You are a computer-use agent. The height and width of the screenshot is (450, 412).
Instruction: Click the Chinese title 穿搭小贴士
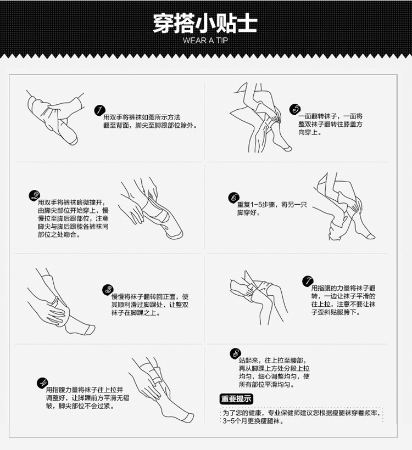205,23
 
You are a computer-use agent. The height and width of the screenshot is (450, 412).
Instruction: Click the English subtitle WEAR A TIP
205,41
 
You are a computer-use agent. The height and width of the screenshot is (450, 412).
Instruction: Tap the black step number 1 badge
99,110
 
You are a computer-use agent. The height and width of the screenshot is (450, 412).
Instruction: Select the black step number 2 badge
35,196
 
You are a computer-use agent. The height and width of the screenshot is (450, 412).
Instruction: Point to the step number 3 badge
108,290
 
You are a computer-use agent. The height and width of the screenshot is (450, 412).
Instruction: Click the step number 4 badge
42,383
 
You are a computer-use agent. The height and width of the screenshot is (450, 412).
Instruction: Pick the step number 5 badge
295,109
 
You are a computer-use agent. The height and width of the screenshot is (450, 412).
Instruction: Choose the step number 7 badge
308,281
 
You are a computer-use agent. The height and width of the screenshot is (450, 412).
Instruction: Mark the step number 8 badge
236,353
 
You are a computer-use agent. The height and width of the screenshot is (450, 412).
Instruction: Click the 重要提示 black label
236,399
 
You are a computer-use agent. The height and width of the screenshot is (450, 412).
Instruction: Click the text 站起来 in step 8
248,360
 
